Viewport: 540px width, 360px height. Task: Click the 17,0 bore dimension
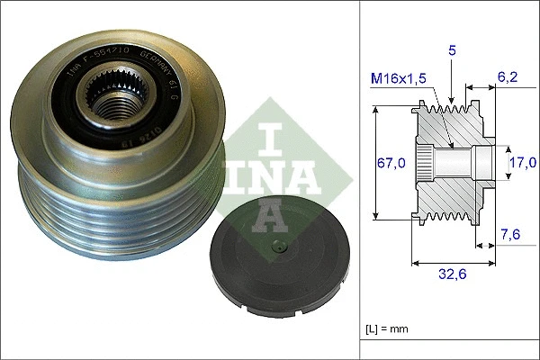pos(522,163)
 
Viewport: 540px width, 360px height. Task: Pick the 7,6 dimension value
pos(509,236)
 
